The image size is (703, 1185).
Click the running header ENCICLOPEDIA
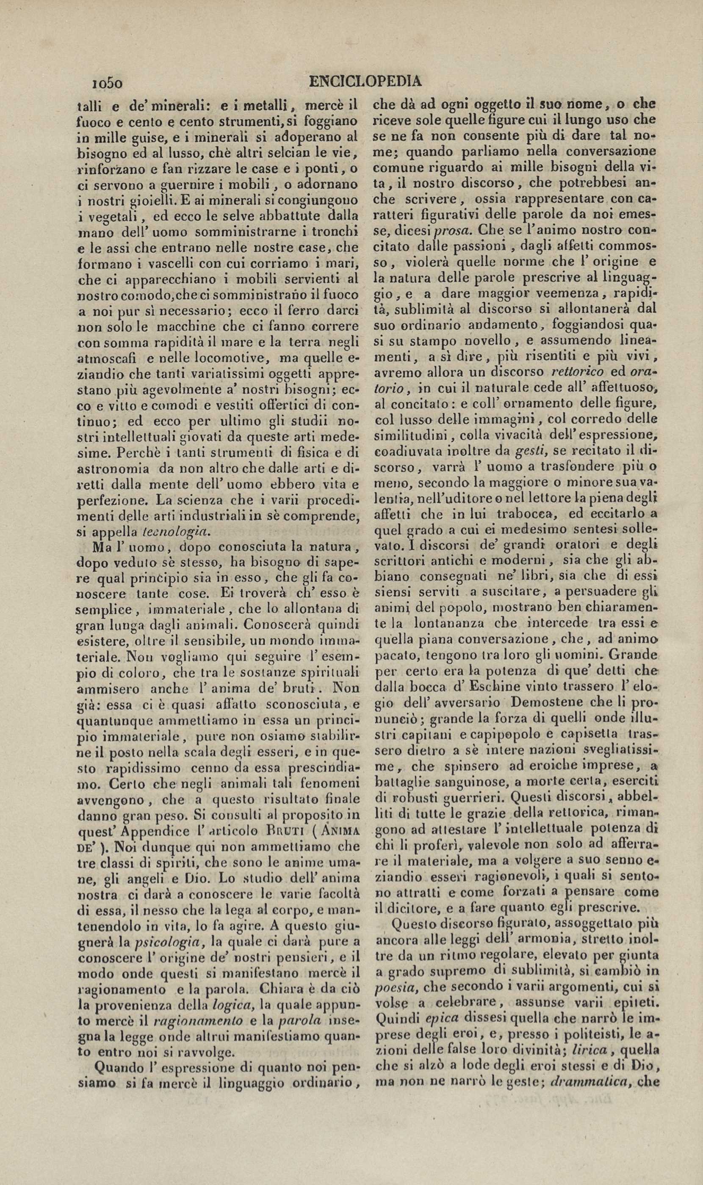[365, 82]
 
